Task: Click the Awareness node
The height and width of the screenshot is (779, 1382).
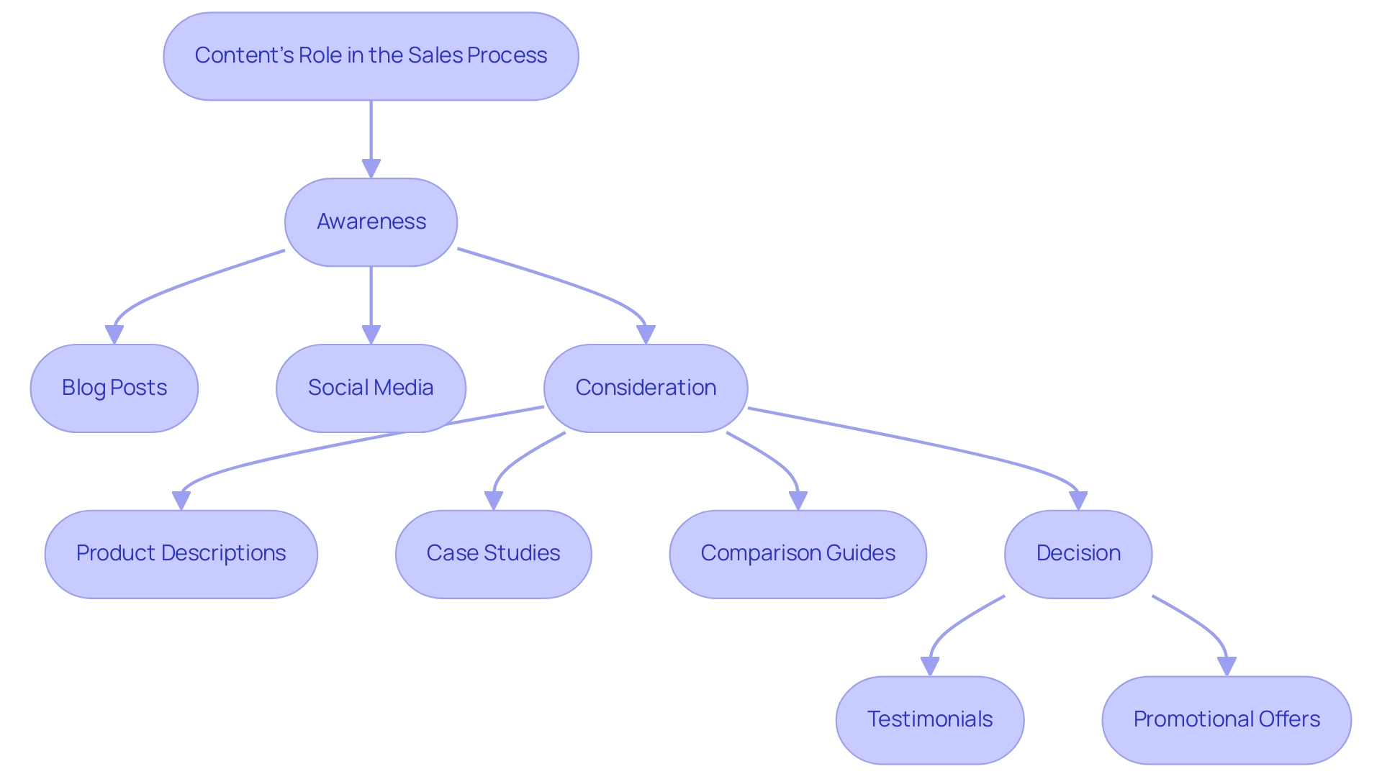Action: pyautogui.click(x=371, y=222)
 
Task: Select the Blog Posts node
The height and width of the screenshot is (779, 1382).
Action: pyautogui.click(x=114, y=388)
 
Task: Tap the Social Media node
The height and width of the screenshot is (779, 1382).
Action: pyautogui.click(x=371, y=388)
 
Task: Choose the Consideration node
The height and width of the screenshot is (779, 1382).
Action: pyautogui.click(x=646, y=388)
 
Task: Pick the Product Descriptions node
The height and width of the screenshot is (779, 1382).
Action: pyautogui.click(x=181, y=554)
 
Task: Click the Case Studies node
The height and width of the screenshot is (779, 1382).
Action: pyautogui.click(x=493, y=554)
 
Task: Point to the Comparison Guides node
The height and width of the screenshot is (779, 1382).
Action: pyautogui.click(x=798, y=554)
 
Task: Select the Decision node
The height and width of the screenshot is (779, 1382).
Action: pyautogui.click(x=1078, y=554)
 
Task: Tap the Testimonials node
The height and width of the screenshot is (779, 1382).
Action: pyautogui.click(x=930, y=720)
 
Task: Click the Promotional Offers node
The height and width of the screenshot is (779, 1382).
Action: pyautogui.click(x=1227, y=720)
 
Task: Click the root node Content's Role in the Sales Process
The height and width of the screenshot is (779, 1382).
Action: pyautogui.click(x=371, y=56)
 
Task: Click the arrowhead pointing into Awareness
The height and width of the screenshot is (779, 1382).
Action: pyautogui.click(x=371, y=168)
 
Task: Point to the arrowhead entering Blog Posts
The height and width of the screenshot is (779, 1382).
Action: pyautogui.click(x=114, y=334)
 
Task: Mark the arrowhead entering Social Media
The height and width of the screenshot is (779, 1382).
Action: pyautogui.click(x=371, y=334)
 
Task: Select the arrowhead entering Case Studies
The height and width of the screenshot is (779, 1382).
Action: pyautogui.click(x=493, y=501)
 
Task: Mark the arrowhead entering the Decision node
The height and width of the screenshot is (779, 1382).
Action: pyautogui.click(x=1078, y=501)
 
